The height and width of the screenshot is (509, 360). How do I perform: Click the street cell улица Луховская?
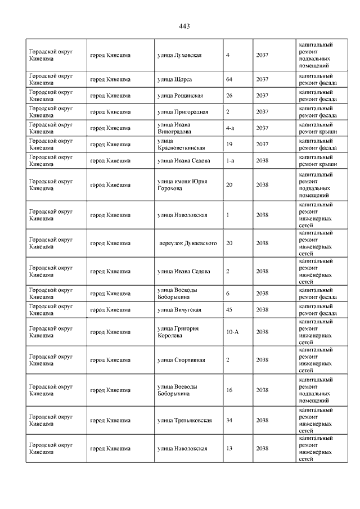click(179, 55)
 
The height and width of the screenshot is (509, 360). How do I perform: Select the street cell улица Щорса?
click(174, 79)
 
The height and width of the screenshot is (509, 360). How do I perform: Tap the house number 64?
click(229, 79)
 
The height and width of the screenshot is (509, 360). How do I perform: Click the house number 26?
click(229, 96)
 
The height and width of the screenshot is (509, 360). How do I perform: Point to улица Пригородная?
click(183, 112)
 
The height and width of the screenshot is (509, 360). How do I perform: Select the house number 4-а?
click(229, 128)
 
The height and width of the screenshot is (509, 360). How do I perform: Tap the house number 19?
click(229, 145)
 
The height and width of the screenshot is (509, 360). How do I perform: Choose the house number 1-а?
click(229, 161)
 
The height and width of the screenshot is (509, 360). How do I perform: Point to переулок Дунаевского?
click(188, 243)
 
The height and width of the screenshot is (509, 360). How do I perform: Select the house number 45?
click(229, 310)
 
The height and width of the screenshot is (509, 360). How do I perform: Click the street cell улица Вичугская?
click(179, 310)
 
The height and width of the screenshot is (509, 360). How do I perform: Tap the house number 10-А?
click(232, 332)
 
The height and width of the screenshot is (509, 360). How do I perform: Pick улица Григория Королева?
click(178, 332)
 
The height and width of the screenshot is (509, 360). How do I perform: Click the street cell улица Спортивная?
click(181, 360)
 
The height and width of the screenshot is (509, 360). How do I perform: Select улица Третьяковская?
click(184, 420)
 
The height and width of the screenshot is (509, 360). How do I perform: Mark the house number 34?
click(229, 420)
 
